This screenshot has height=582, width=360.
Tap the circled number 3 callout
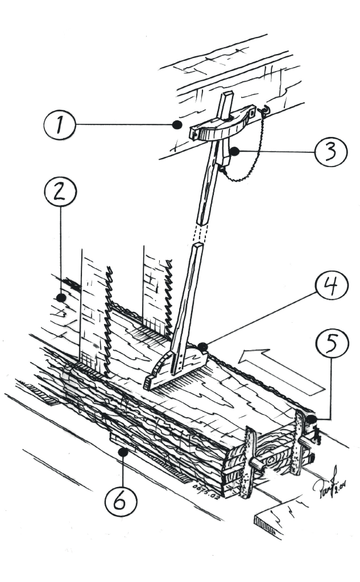coord(330,151)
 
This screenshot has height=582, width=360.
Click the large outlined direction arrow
coord(282,372)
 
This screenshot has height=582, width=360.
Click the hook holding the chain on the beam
coord(263,109)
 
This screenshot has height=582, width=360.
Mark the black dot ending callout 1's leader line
coord(179,123)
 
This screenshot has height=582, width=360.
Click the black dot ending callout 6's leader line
coord(122,452)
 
